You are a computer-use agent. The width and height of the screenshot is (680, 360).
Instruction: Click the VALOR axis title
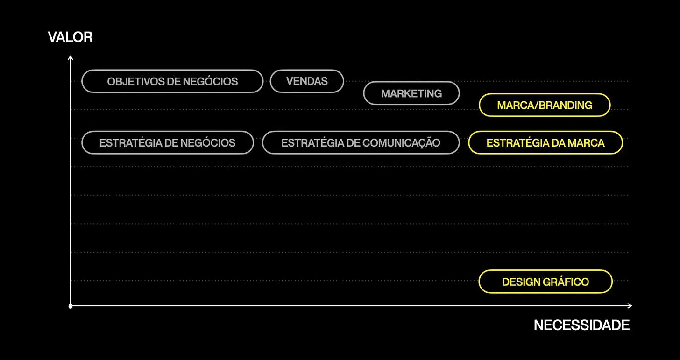click(x=70, y=37)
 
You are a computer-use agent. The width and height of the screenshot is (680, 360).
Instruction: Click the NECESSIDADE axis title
click(x=581, y=325)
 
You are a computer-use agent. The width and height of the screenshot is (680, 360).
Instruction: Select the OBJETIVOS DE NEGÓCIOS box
click(x=172, y=81)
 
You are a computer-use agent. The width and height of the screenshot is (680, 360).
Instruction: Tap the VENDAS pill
click(x=307, y=81)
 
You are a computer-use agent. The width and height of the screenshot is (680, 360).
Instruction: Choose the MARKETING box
click(x=411, y=93)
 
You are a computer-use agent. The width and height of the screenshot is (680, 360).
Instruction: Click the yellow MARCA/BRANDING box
click(x=545, y=105)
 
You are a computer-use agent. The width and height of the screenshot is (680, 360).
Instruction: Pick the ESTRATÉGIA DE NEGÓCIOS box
click(x=167, y=143)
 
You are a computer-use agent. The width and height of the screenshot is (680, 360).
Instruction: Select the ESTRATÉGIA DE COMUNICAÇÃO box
click(x=361, y=143)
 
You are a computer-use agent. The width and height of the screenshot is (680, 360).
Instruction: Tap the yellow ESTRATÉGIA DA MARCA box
click(x=545, y=143)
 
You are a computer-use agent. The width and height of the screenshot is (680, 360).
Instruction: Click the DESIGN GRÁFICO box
click(x=545, y=282)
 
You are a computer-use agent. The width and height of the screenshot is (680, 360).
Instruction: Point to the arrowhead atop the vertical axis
click(x=71, y=58)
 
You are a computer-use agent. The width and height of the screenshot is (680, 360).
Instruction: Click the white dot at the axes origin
click(x=71, y=306)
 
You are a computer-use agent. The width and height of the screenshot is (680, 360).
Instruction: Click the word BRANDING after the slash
click(x=566, y=105)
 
